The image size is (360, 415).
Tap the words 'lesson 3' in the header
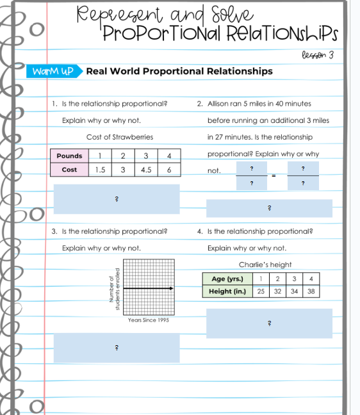click(318, 54)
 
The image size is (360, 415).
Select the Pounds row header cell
click(69, 156)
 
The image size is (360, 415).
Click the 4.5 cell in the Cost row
click(146, 170)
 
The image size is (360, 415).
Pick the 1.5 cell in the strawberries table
click(100, 170)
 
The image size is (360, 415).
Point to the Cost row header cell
click(69, 170)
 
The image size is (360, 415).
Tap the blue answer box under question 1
click(117, 199)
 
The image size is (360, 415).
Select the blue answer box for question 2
click(269, 208)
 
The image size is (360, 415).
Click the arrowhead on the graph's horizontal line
click(171, 289)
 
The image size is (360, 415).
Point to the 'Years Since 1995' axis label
click(149, 320)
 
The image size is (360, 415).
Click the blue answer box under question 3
click(117, 348)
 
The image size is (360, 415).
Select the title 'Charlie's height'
click(265, 264)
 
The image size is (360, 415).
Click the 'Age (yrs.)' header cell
click(227, 279)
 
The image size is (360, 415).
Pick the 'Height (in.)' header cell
click(227, 291)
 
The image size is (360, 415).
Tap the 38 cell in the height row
click(311, 291)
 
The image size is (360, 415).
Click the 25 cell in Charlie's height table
click(261, 291)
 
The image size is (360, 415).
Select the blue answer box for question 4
click(269, 323)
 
